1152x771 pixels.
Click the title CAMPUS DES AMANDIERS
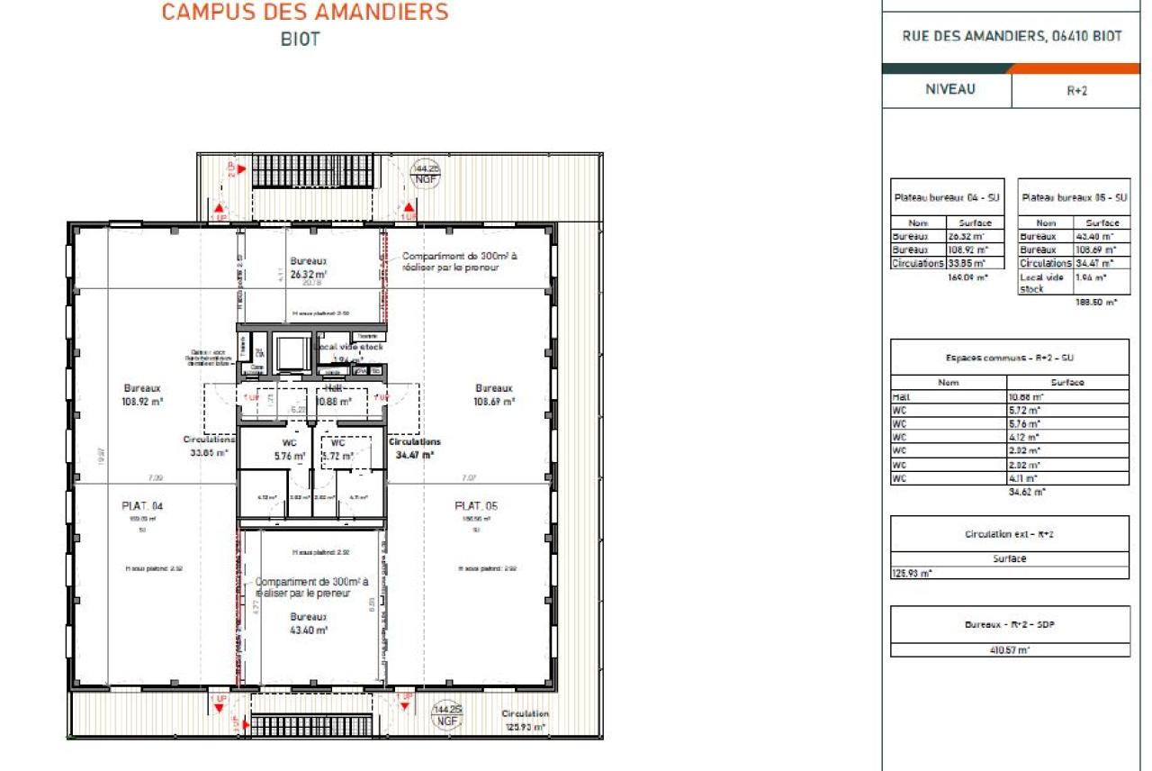tap(304, 13)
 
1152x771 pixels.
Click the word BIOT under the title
tap(300, 40)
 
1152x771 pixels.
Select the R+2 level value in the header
tap(1077, 91)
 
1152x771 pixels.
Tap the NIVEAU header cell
tap(949, 90)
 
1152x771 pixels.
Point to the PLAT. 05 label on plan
tap(476, 506)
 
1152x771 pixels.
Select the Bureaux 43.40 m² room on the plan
tap(308, 623)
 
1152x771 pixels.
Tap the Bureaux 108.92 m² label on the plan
tap(143, 395)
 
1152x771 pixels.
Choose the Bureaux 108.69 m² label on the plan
tap(494, 395)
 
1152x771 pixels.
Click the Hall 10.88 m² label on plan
tap(332, 395)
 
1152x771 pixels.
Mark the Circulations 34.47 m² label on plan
tap(415, 449)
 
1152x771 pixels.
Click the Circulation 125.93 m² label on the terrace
tap(526, 720)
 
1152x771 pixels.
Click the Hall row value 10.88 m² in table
tap(1025, 396)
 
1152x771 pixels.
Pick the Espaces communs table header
tap(1009, 358)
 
